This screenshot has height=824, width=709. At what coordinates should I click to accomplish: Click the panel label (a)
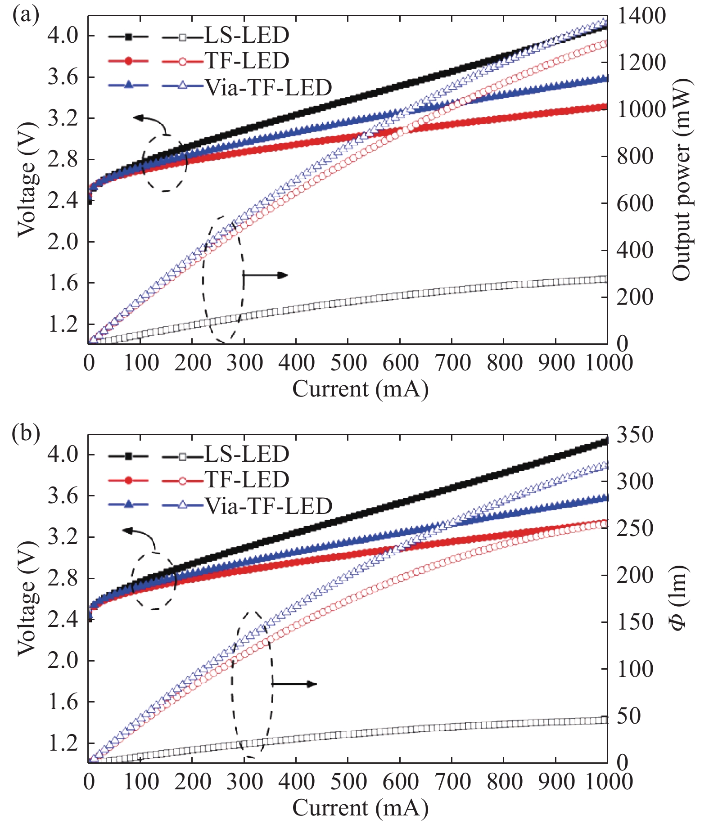pyautogui.click(x=26, y=15)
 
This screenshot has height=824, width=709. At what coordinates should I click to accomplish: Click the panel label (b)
pyautogui.click(x=26, y=433)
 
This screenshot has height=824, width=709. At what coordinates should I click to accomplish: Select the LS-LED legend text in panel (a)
pyautogui.click(x=247, y=35)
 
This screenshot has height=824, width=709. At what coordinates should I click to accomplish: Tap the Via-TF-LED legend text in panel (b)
pyautogui.click(x=269, y=506)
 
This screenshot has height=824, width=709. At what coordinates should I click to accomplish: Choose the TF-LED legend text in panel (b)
pyautogui.click(x=247, y=480)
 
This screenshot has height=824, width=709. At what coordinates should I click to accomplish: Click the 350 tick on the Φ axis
pyautogui.click(x=634, y=435)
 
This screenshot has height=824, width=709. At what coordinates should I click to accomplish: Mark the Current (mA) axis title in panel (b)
pyautogui.click(x=360, y=808)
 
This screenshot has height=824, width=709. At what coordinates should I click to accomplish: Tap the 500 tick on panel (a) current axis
pyautogui.click(x=348, y=363)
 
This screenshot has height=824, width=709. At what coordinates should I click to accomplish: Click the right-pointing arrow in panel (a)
pyautogui.click(x=266, y=275)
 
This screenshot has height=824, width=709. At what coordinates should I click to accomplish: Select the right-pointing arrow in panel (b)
pyautogui.click(x=294, y=684)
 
